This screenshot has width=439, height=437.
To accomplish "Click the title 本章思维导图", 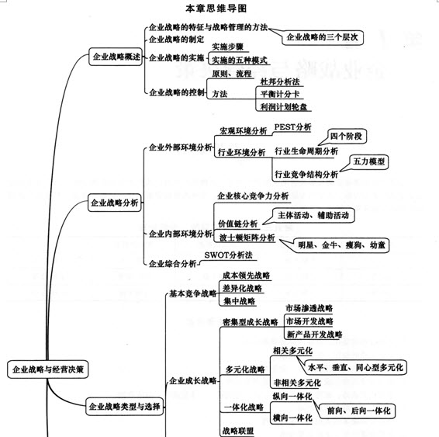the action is [216, 9].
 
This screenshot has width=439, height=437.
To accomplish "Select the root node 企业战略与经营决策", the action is [48, 369].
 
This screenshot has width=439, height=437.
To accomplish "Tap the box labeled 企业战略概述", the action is [116, 57].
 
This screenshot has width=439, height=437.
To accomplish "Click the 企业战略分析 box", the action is [115, 203].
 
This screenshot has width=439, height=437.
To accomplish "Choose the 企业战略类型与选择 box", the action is [125, 406].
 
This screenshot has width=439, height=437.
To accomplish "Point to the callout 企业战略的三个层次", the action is [322, 37].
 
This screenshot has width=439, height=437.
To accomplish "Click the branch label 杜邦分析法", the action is [280, 82].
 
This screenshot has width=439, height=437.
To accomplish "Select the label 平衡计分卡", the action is [280, 94].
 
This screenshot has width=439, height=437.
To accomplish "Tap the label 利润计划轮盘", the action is [284, 107].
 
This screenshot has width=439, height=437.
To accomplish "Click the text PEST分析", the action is [292, 127].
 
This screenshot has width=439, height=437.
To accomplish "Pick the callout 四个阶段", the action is [346, 137].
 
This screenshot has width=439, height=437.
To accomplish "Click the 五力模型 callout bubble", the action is [368, 161].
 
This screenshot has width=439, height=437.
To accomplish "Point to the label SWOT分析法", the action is [228, 255].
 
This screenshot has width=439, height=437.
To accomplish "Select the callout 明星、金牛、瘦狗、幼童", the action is [341, 245].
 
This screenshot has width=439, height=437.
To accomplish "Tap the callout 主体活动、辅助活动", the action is [313, 215].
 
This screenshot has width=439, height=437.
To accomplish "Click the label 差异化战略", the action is [243, 288].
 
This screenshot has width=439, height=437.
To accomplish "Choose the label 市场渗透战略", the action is [309, 308].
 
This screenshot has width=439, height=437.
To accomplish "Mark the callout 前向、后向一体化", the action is [358, 411].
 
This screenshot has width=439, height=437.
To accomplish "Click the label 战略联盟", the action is [238, 431].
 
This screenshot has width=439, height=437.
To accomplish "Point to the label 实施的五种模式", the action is [240, 61].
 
